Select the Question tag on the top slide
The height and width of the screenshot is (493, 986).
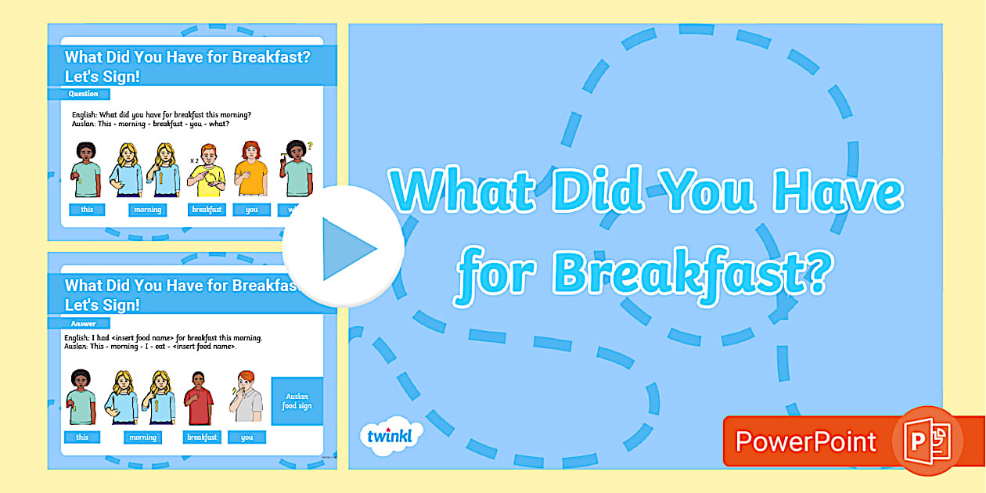coord(83,94)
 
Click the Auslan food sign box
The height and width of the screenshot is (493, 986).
coord(297,401)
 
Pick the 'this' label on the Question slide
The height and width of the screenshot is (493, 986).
coord(87,210)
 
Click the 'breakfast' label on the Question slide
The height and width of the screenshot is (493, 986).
coord(207,210)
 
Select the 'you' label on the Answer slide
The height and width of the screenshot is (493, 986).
coord(246,437)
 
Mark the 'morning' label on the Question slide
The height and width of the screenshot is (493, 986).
coord(147,210)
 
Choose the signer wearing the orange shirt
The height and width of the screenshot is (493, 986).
coord(251,171)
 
